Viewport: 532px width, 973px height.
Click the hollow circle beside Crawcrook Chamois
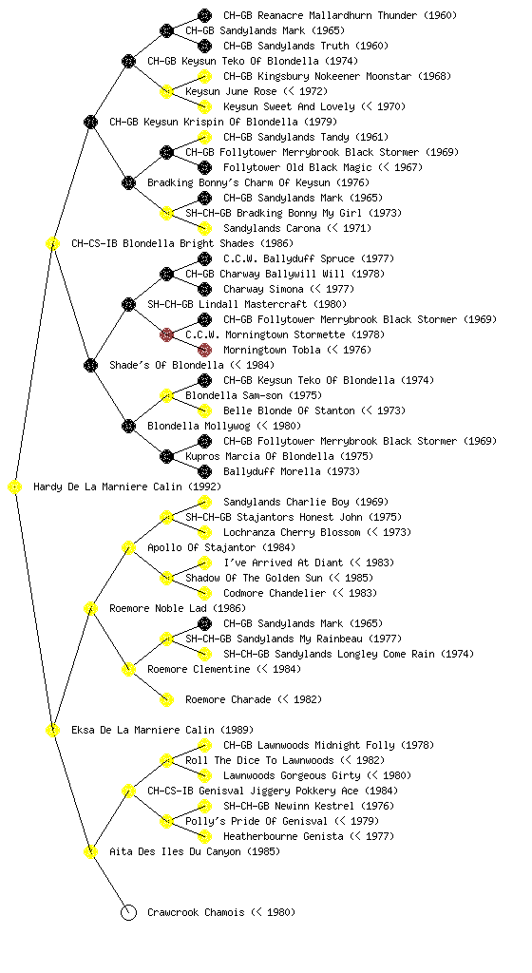tap(128, 912)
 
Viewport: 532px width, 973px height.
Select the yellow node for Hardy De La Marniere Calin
tap(15, 487)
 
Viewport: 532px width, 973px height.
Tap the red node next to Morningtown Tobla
tap(204, 350)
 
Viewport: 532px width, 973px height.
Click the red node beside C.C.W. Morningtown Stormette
tap(166, 335)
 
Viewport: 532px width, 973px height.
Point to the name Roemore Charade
tap(228, 700)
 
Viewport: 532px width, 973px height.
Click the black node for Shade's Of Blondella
tap(90, 365)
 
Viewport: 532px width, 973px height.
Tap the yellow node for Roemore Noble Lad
tap(90, 609)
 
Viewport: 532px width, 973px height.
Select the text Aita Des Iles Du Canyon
tap(175, 852)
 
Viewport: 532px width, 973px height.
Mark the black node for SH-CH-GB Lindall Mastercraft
tap(128, 304)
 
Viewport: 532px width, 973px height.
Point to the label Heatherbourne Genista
tap(283, 836)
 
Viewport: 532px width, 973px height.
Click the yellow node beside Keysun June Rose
tap(166, 92)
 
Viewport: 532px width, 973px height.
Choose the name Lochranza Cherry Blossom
tap(292, 532)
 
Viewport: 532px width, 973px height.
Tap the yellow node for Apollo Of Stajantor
tap(128, 548)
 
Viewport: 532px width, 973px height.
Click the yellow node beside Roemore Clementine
tap(128, 670)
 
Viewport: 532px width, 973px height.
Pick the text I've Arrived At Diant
tap(283, 563)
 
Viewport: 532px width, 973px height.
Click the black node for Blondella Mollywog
tap(128, 427)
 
